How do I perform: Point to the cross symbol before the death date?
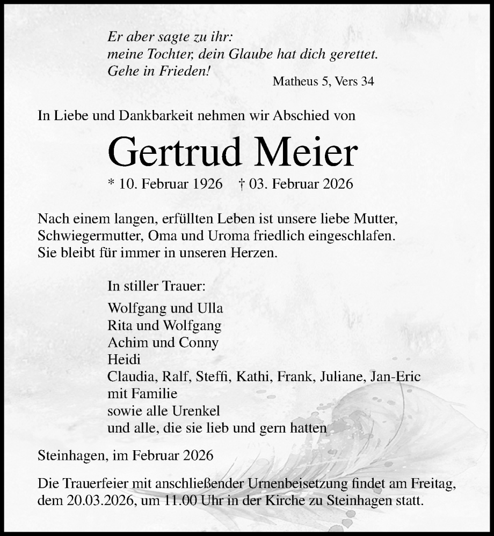coord(241,184)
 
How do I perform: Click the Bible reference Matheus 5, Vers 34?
coord(323,81)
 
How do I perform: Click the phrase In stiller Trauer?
coord(156,286)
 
